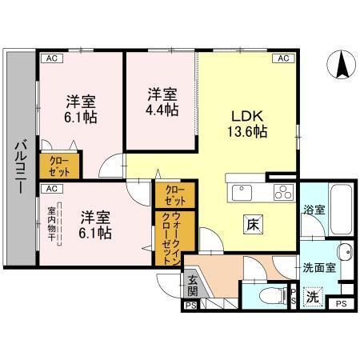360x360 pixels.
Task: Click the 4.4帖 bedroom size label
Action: click(x=162, y=110)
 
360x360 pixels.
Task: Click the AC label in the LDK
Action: click(x=282, y=58)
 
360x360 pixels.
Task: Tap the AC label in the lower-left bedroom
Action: click(x=50, y=189)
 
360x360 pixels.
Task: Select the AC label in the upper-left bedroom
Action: click(x=50, y=58)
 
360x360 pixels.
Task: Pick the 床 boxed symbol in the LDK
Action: click(x=250, y=224)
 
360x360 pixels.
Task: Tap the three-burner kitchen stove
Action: click(x=282, y=191)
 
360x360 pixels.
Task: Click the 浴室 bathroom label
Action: click(x=314, y=210)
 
